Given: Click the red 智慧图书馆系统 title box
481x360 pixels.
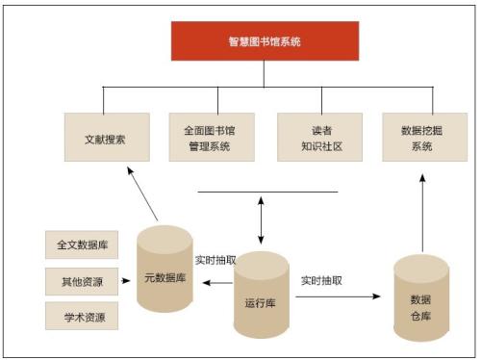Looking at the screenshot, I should pyautogui.click(x=265, y=41).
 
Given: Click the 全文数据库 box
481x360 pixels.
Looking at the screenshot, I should pyautogui.click(x=82, y=244).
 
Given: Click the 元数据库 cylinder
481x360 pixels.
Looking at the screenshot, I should pyautogui.click(x=165, y=274).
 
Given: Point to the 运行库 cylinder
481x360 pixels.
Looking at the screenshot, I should pyautogui.click(x=261, y=298).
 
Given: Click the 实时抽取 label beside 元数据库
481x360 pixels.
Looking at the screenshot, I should pyautogui.click(x=215, y=259).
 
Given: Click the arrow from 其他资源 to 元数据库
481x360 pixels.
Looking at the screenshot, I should pyautogui.click(x=127, y=281).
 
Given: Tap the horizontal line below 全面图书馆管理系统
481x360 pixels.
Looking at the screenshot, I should pyautogui.click(x=267, y=192).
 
